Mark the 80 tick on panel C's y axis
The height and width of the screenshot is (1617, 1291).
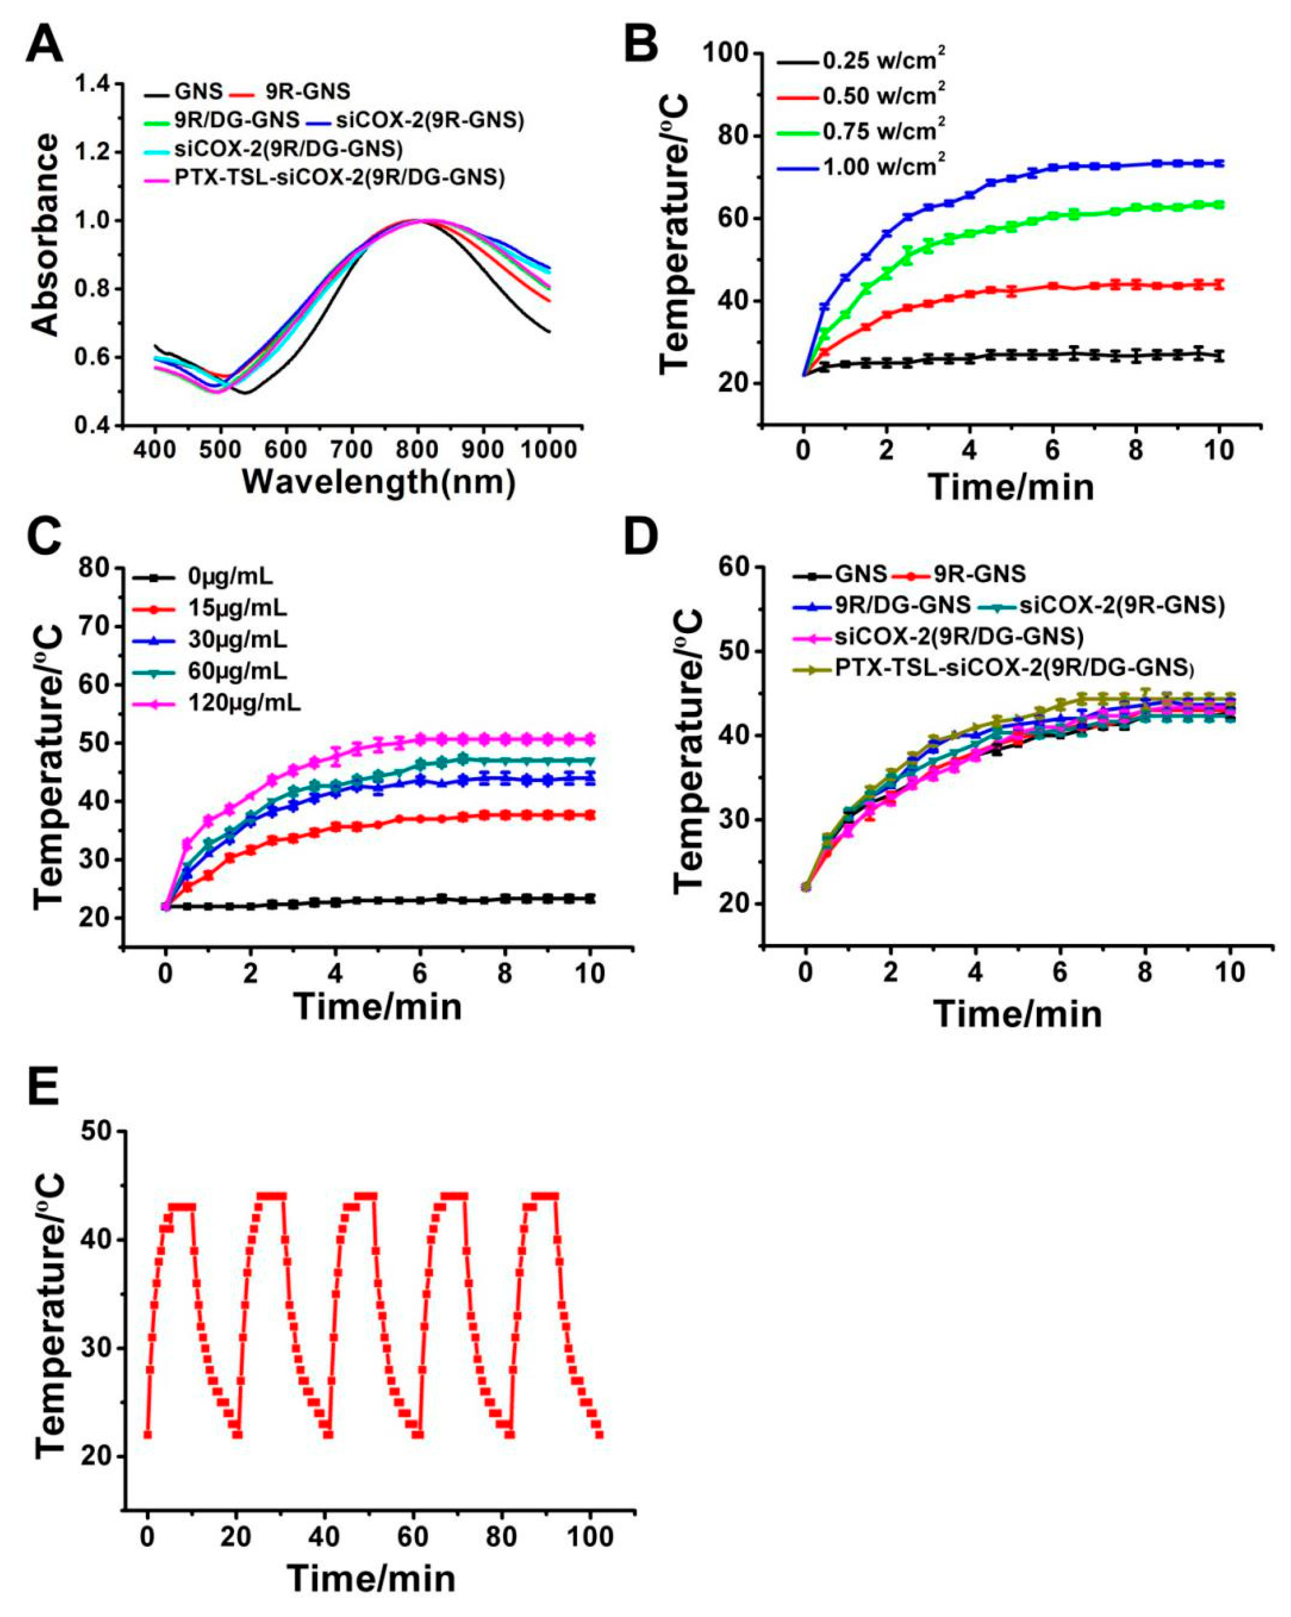[x=97, y=568]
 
